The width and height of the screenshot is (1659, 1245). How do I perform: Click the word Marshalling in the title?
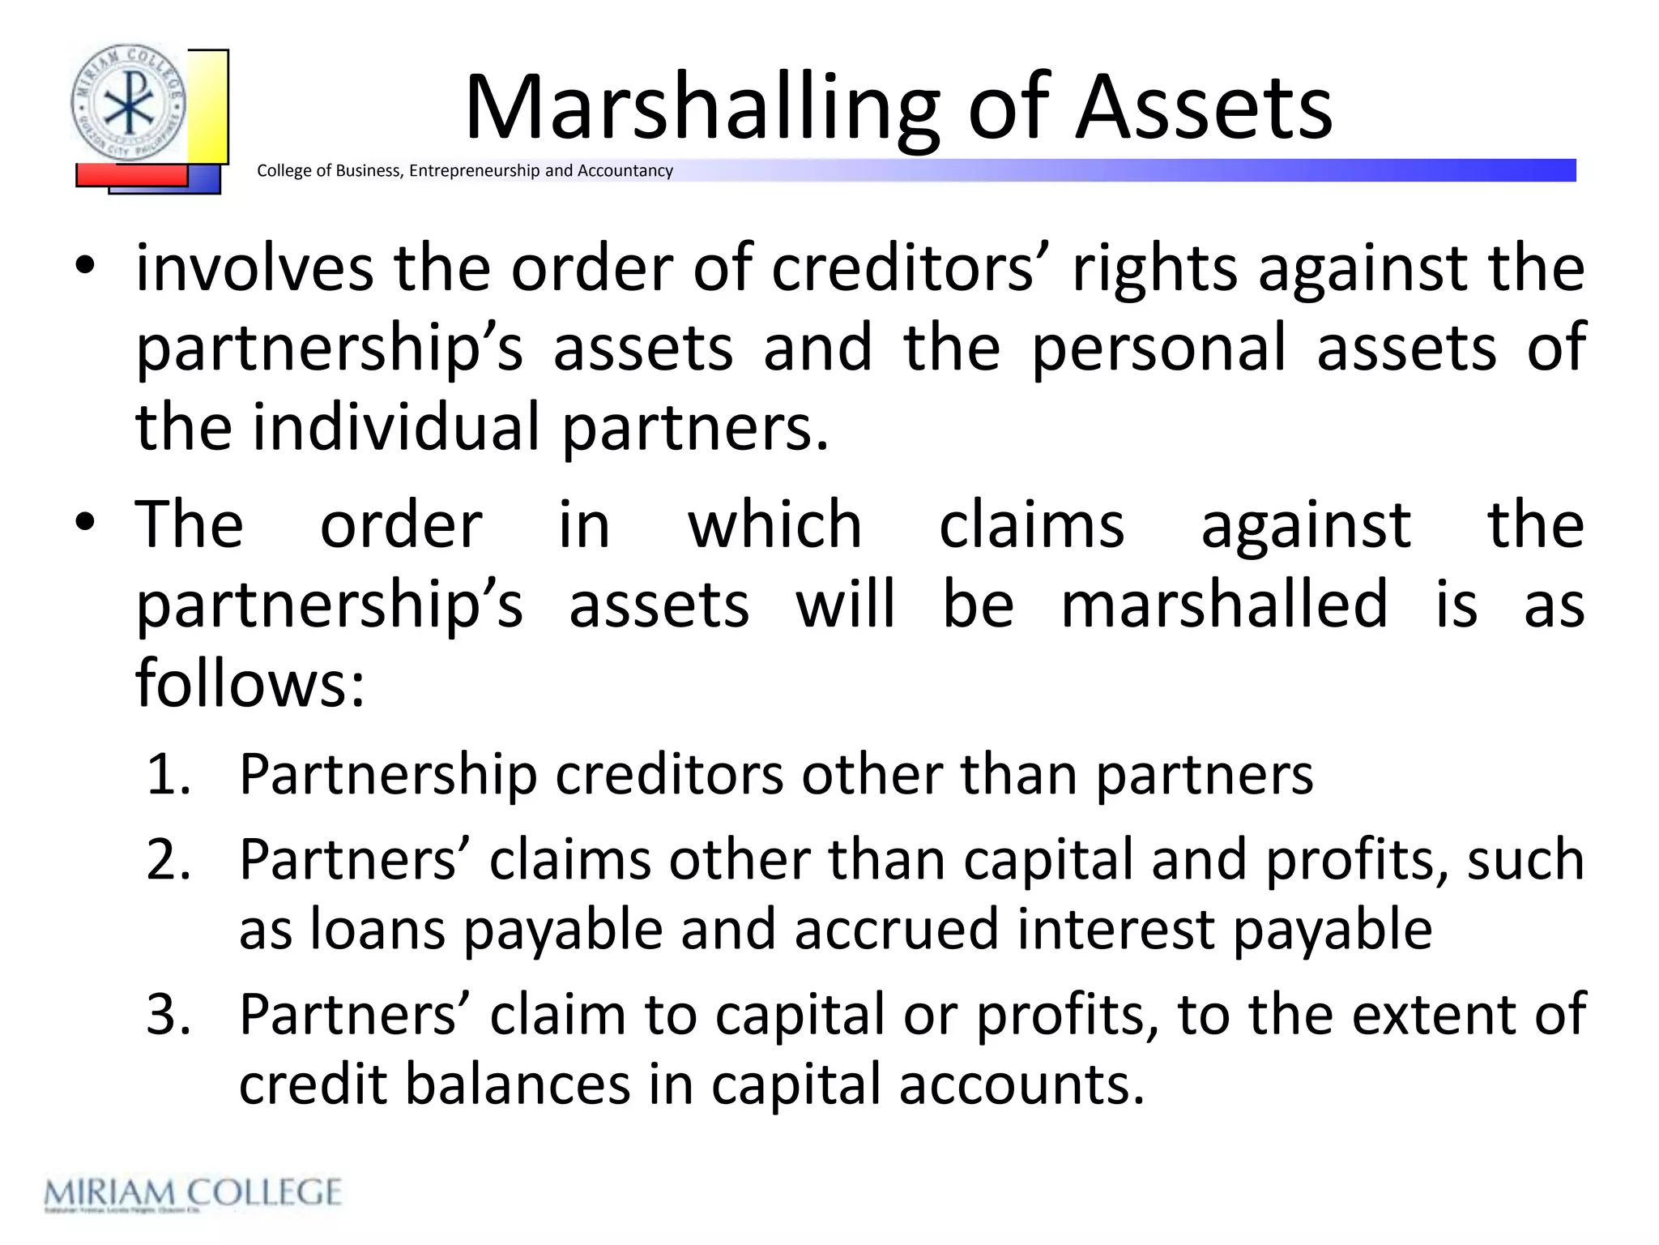click(702, 109)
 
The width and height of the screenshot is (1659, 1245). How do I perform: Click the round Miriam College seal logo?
click(128, 103)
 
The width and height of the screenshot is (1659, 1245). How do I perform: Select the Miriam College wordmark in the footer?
click(193, 1193)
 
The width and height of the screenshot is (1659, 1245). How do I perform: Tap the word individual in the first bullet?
click(395, 427)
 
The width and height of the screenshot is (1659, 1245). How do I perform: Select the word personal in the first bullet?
click(1158, 348)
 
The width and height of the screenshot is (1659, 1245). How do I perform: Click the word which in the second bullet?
click(774, 525)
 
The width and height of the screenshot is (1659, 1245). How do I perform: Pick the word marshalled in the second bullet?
click(1224, 605)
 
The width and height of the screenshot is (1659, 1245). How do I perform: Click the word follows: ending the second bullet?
click(250, 683)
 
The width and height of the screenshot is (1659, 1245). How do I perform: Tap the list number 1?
click(168, 774)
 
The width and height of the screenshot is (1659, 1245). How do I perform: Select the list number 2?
click(168, 859)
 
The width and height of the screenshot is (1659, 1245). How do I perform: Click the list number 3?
click(168, 1014)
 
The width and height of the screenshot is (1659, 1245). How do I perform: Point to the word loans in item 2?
click(377, 929)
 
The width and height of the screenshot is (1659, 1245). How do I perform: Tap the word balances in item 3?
click(518, 1084)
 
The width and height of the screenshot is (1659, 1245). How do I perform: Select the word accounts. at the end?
click(1021, 1084)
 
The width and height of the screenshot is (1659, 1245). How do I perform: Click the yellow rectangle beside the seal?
click(209, 105)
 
